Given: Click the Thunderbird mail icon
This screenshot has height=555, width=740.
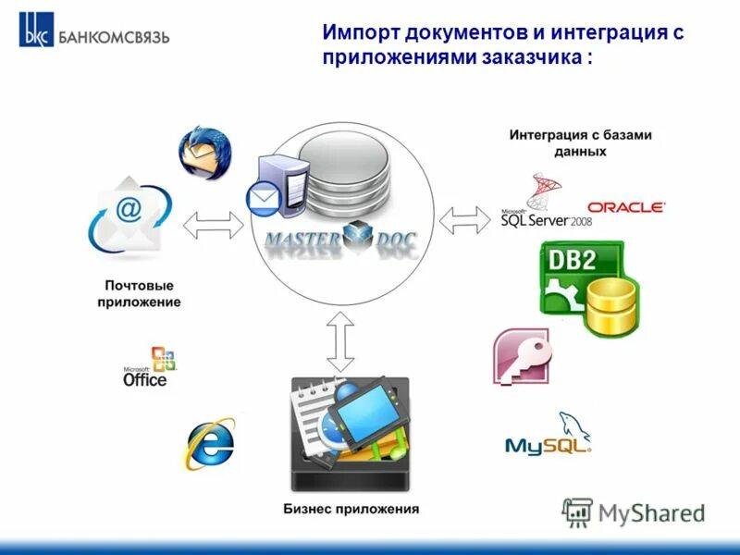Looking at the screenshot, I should [x=204, y=152].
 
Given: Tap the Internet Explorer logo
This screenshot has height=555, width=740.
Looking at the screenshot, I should [x=210, y=445].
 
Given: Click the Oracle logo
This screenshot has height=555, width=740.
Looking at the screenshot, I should [x=626, y=207].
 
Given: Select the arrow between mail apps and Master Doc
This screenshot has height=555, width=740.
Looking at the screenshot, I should [x=214, y=224].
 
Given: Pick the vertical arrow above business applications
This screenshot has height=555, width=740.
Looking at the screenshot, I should [x=341, y=342].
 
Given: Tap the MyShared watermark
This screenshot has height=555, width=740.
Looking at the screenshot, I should [x=635, y=512].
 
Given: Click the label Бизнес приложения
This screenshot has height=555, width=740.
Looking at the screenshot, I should [x=351, y=509].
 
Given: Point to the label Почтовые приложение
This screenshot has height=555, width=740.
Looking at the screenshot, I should [x=138, y=294].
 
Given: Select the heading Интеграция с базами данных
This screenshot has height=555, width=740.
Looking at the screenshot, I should [x=580, y=142].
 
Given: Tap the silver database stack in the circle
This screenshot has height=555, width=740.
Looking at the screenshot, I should [x=342, y=172].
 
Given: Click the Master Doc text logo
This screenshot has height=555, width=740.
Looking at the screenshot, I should [x=341, y=242].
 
